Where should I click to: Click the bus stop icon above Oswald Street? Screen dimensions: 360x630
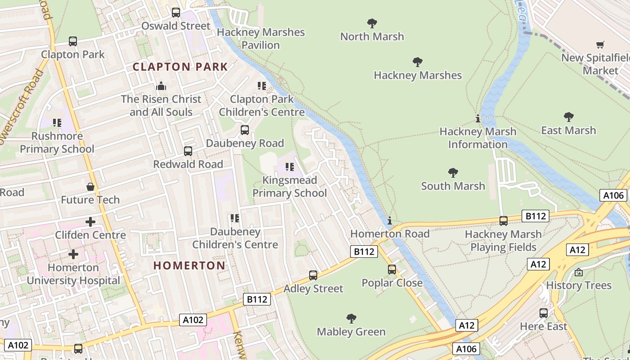coord(176,13)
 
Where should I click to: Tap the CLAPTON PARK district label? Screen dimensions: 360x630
coord(180,67)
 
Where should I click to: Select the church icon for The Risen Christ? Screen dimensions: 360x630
coord(161,86)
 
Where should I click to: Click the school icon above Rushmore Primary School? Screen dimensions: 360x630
coord(57,123)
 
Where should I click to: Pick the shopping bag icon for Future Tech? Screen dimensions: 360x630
coord(90,187)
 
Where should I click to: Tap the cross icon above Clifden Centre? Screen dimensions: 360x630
coord(90,222)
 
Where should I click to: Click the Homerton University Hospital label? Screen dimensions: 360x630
coord(73,274)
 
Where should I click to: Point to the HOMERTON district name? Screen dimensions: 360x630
coord(189,265)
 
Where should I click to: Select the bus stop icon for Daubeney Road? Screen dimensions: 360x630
coord(245,130)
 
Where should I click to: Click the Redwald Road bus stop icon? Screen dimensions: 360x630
coord(188,151)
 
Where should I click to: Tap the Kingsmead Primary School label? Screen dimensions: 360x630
coord(290,187)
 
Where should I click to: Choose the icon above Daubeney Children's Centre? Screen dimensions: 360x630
coord(235,218)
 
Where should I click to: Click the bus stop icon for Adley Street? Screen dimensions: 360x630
coord(313,275)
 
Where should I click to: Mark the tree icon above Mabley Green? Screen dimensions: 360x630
coord(351,319)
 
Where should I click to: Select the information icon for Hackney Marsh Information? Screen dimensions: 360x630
coord(478,119)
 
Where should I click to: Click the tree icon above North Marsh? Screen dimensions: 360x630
coord(372,23)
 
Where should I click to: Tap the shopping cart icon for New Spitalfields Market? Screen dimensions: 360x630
coord(600,45)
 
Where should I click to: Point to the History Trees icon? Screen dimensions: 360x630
coord(579,272)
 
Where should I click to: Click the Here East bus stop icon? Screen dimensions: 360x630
coord(544,313)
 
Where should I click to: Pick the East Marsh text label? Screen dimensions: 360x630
coord(568,130)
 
